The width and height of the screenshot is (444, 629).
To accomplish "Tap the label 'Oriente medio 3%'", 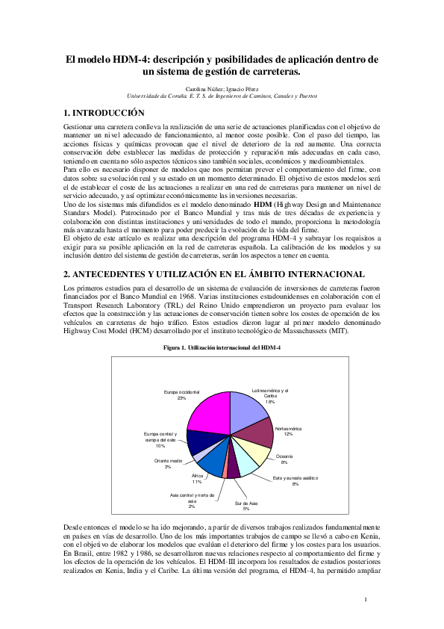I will [x=169, y=464].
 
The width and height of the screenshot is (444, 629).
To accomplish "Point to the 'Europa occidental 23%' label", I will [x=181, y=394].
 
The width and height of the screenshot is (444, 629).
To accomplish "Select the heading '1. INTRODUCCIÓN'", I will [x=103, y=113].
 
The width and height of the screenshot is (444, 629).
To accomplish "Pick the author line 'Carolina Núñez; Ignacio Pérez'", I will [x=222, y=88].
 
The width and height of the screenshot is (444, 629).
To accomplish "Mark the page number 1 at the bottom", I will [x=366, y=599].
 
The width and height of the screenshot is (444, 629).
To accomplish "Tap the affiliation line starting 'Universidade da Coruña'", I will [x=222, y=96].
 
